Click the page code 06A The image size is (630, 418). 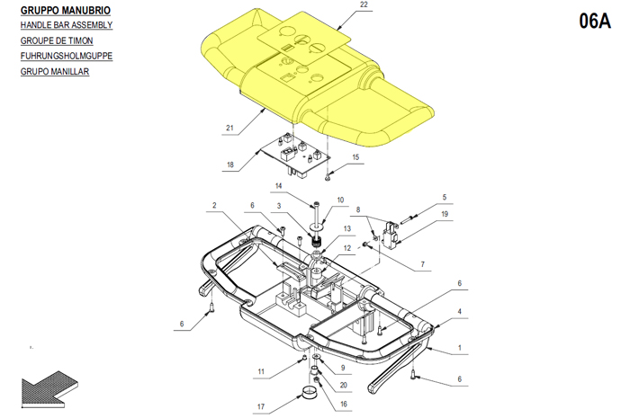pos(595,21)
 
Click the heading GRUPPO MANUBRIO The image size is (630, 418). pos(66,11)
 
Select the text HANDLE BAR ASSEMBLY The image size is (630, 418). pos(67,25)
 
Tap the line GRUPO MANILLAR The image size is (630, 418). pos(55,71)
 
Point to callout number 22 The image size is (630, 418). pos(364,4)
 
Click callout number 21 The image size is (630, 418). pos(229,128)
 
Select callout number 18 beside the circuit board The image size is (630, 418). pos(229,165)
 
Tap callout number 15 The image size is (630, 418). pos(355,156)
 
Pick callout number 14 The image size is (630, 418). pos(278,186)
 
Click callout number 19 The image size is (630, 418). pos(445,214)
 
